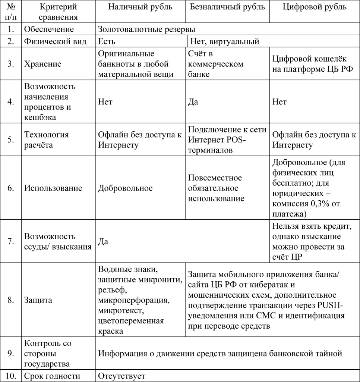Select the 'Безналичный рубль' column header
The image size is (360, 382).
[227, 7]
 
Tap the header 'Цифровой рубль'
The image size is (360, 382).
[315, 7]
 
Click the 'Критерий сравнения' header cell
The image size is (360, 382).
[58, 12]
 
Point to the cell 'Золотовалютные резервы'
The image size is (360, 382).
[146, 29]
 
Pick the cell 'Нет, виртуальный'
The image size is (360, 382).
[224, 41]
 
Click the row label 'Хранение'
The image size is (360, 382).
[43, 64]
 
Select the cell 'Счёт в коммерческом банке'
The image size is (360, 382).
[216, 64]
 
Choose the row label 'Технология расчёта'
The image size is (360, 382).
[47, 140]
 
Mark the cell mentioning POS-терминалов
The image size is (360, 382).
[227, 140]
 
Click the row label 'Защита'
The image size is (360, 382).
[38, 300]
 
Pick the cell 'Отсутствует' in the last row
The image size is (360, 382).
[121, 376]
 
